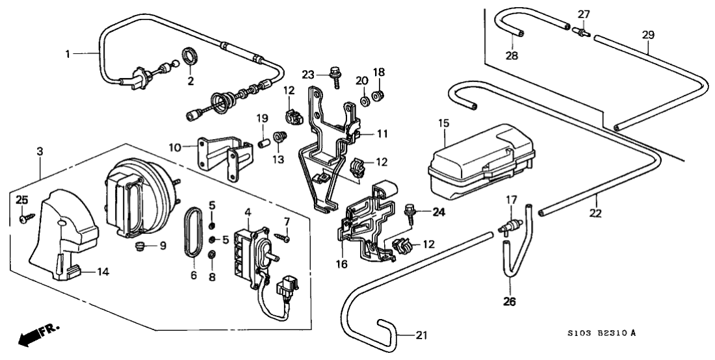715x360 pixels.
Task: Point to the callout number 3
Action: tap(41, 151)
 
